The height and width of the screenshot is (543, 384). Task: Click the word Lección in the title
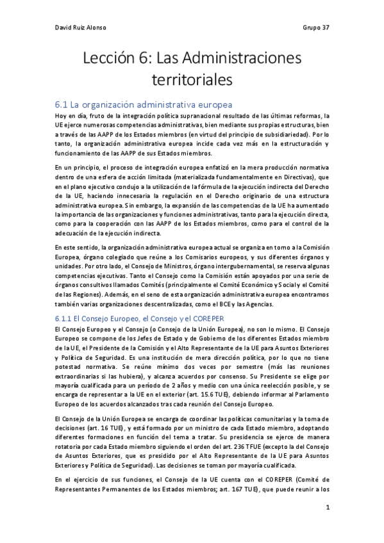tap(111, 60)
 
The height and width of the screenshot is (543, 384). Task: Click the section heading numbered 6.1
tap(143, 104)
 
